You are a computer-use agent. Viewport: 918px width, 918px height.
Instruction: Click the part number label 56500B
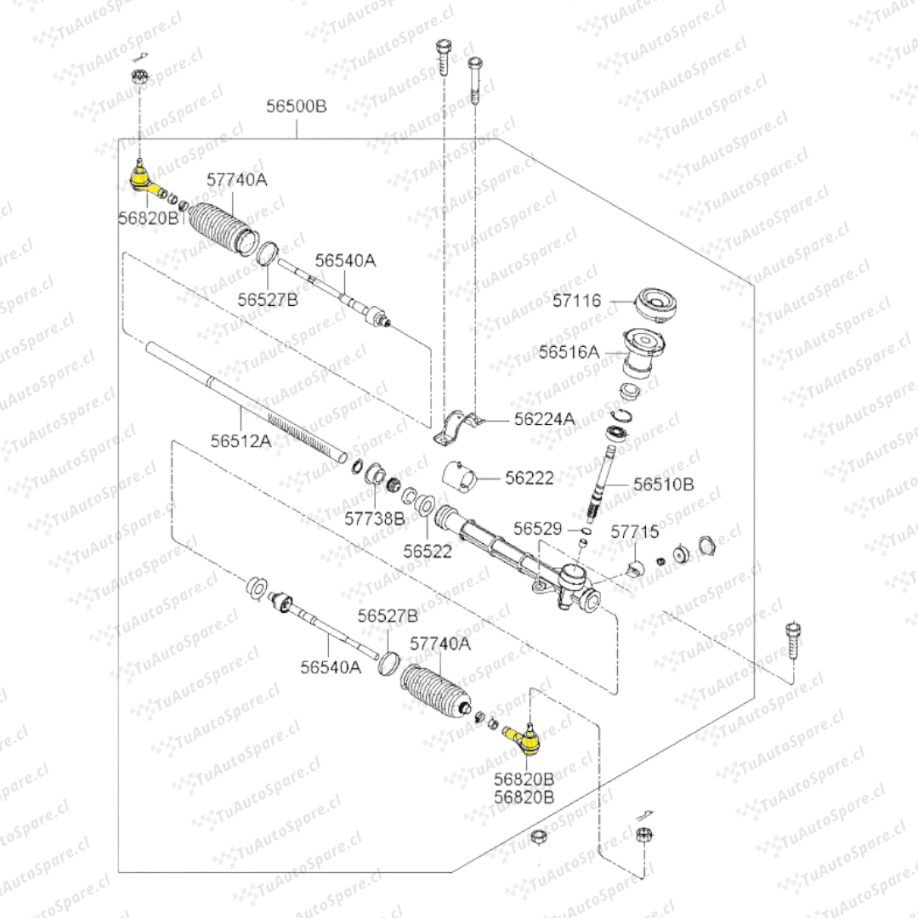coord(297,107)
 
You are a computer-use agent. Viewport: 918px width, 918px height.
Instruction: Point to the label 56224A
coord(544,418)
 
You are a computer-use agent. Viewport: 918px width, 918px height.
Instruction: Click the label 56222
coord(529,479)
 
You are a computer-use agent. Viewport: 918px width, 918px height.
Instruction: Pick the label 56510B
coord(664,484)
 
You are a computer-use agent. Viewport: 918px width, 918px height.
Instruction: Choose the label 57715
coord(635,532)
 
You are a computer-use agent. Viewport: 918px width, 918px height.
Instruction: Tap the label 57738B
coord(375,517)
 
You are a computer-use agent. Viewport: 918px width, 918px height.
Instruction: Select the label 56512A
coord(241,440)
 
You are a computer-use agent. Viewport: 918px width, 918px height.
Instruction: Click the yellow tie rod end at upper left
coord(140,178)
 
